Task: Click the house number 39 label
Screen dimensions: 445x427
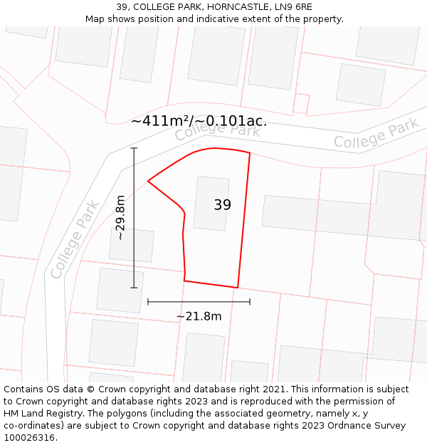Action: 222,205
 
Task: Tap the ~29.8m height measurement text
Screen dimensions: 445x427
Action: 120,217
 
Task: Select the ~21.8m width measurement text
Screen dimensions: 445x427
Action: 199,316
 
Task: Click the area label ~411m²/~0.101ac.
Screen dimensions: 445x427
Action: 199,121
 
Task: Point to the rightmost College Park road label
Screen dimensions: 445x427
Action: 376,134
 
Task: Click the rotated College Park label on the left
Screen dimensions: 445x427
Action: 75,239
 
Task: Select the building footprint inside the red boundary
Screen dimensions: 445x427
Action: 211,203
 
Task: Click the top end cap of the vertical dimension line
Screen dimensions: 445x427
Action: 134,148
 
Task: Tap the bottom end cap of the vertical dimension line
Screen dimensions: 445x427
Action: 134,288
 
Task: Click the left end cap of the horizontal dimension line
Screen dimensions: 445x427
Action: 148,302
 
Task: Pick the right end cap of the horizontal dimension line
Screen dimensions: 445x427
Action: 250,302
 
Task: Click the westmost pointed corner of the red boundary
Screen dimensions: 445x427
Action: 148,181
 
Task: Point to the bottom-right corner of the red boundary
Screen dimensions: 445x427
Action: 237,288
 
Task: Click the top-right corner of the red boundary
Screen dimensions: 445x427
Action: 250,153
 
